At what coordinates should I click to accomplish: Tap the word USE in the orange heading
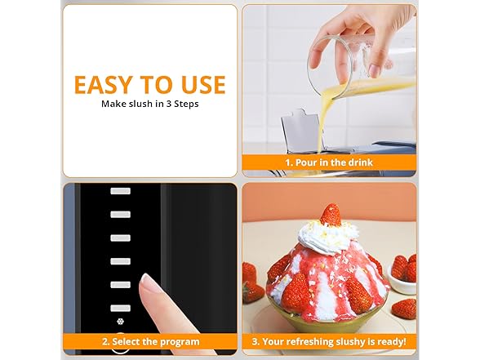(202, 84)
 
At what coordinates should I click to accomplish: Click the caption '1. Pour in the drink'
(329, 163)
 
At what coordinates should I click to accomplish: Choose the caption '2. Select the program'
(150, 342)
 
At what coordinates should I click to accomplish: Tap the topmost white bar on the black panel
(121, 190)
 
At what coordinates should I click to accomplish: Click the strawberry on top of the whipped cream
(331, 216)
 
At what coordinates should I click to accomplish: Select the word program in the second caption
(181, 342)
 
